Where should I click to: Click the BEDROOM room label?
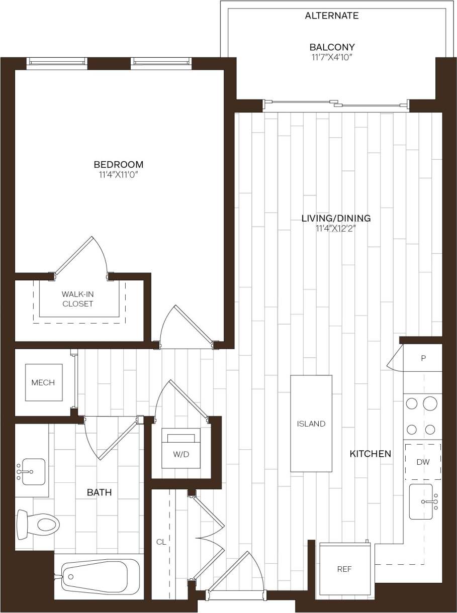pos(119,165)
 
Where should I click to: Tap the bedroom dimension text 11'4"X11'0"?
pos(119,175)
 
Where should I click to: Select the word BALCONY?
pos(332,47)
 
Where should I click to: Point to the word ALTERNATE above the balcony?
pos(332,16)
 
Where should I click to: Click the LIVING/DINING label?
pos(336,218)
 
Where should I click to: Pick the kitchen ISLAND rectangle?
pos(311,423)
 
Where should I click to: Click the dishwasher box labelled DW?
pos(423,462)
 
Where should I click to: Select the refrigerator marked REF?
pos(344,569)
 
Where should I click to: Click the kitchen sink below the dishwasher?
pos(422,501)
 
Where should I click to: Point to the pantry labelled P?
pos(423,358)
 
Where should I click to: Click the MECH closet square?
pos(43,382)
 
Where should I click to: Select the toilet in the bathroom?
pos(38,525)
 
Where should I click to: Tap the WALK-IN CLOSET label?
pos(78,299)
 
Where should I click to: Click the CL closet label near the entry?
pos(160,542)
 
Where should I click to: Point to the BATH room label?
pos(100,492)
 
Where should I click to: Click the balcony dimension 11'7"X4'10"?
pos(332,57)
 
